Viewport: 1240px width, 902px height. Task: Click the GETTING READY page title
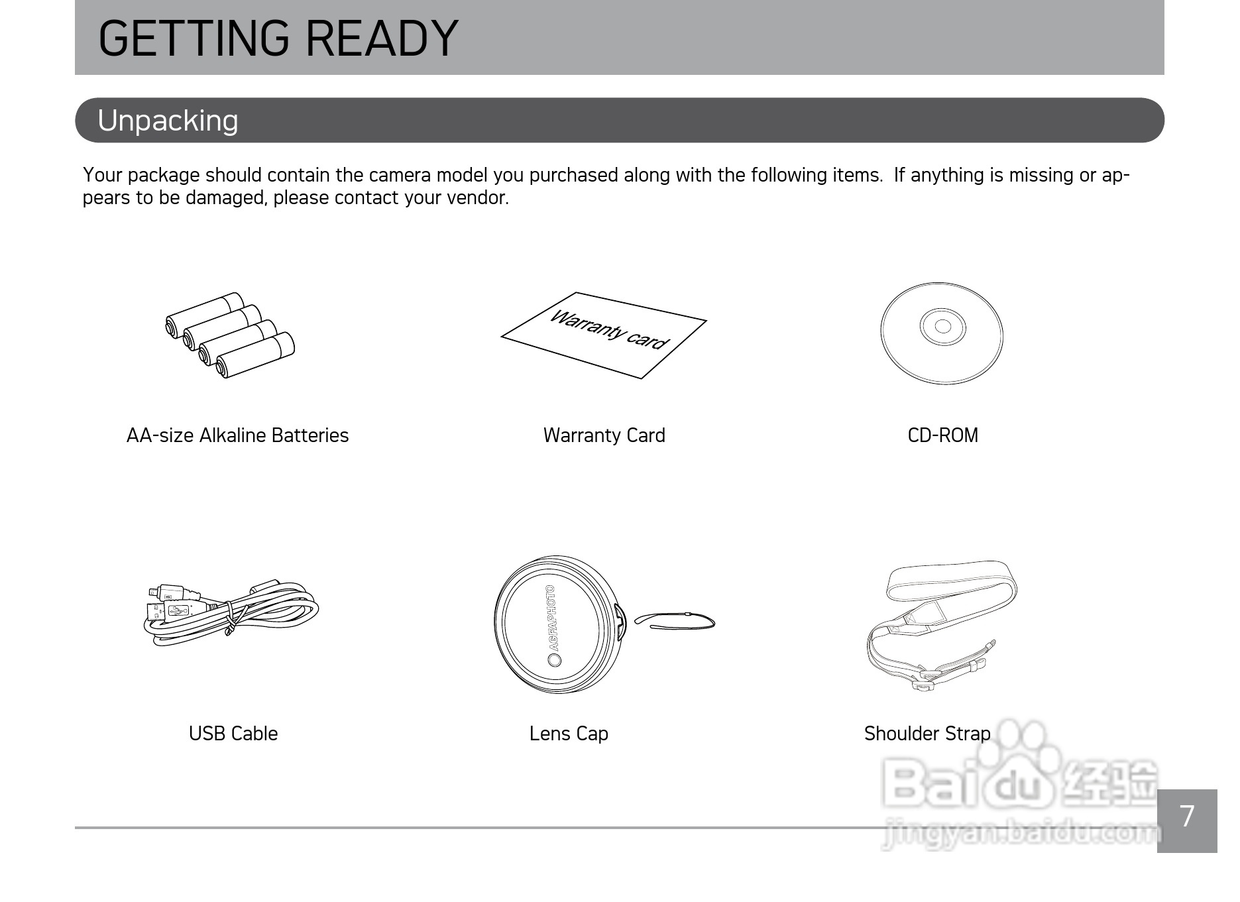coord(278,38)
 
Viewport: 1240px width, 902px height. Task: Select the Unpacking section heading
coord(168,121)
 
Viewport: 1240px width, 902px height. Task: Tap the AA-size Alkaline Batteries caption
coord(237,435)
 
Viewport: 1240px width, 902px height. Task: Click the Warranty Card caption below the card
coord(604,435)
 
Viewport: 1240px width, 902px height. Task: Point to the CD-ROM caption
coord(942,435)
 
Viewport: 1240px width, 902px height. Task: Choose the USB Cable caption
coord(233,734)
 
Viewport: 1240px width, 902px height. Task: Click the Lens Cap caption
coord(569,734)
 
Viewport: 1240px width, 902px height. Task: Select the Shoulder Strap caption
coord(927,734)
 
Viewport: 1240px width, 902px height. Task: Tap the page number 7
coord(1187,817)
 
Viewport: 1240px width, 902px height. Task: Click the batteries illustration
coord(230,335)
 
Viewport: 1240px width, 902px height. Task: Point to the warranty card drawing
coord(604,335)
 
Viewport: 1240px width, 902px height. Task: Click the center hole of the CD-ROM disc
coord(942,326)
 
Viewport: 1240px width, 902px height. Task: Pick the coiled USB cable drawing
coord(231,610)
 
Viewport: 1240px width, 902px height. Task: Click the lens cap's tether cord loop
coord(675,619)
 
